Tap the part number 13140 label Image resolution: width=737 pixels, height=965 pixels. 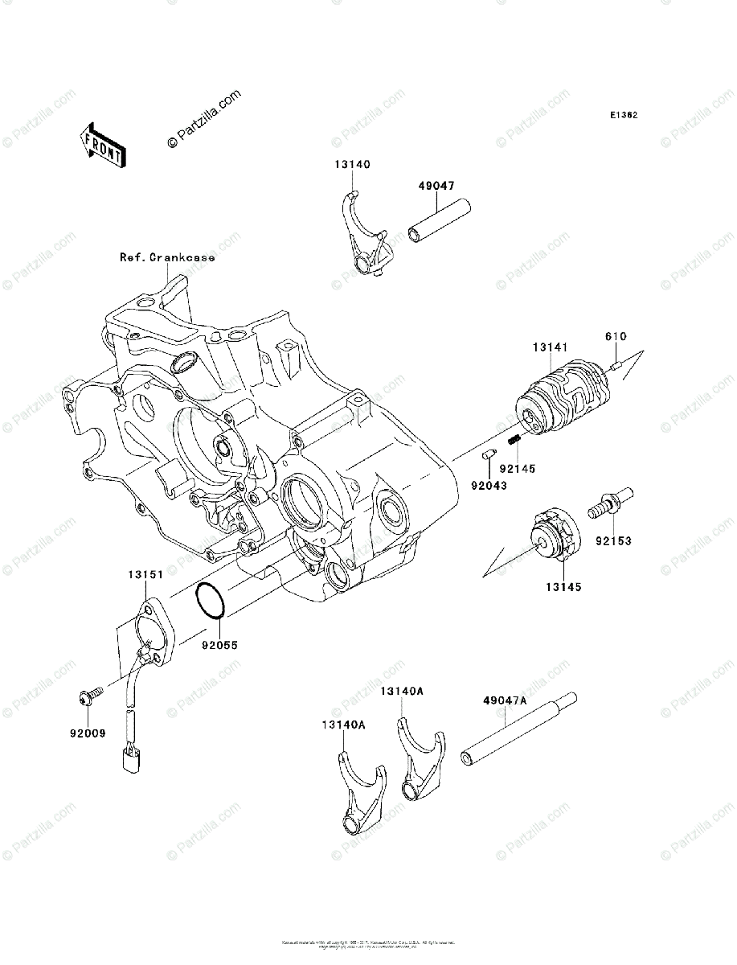(x=353, y=165)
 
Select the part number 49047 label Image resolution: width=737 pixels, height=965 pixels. (x=436, y=186)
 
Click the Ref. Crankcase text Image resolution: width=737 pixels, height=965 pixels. (x=167, y=257)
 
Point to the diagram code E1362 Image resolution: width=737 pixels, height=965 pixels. (x=623, y=116)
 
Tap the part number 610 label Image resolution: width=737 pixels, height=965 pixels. (x=616, y=336)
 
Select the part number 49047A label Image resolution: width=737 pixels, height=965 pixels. (x=504, y=700)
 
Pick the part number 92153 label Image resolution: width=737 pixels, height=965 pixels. (x=613, y=541)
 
